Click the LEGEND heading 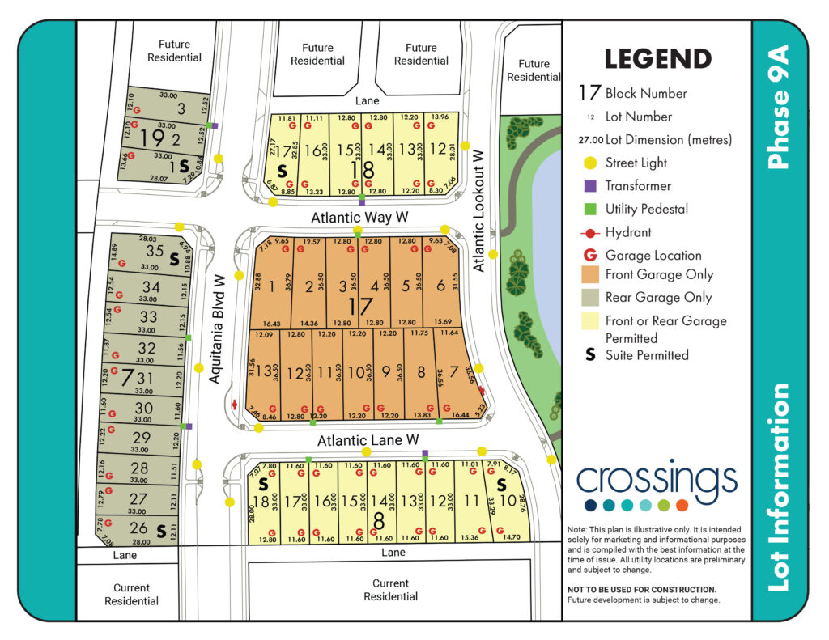click(657, 59)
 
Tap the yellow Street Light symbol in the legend click(591, 163)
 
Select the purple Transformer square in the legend click(591, 186)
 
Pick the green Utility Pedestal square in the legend click(591, 209)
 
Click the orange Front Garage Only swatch click(591, 274)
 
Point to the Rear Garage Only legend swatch click(591, 297)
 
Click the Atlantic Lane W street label click(368, 441)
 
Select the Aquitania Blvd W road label click(217, 328)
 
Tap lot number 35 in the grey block click(154, 251)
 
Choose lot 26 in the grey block click(138, 529)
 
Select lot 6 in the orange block click(440, 286)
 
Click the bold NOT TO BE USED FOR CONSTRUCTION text click(642, 589)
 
